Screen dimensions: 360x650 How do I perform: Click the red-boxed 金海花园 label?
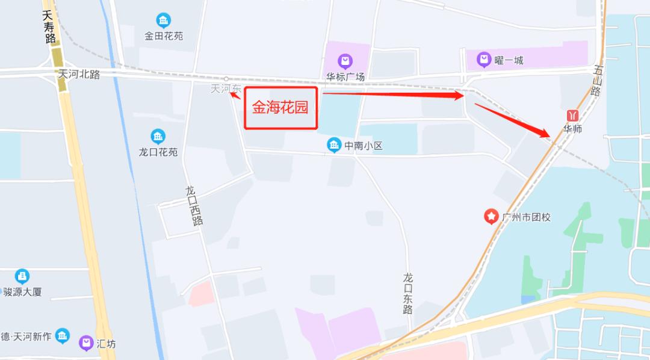point(280,108)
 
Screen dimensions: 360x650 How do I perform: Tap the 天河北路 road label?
point(79,74)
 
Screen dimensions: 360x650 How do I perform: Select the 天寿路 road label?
point(49,27)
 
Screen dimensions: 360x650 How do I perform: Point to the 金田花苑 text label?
point(164,36)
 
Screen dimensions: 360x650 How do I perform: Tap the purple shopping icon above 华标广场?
point(345,61)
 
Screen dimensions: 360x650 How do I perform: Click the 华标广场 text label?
point(345,76)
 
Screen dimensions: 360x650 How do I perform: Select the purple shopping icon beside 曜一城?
point(484,60)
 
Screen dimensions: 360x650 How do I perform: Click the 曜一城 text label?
point(509,60)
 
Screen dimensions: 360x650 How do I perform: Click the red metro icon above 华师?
point(572,114)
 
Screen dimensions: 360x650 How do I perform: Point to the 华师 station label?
point(572,129)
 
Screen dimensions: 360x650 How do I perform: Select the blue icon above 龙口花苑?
point(158,136)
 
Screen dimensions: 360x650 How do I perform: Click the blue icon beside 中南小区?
point(334,145)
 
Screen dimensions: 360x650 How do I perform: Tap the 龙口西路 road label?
point(194,205)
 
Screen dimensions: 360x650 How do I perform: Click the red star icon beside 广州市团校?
point(492,216)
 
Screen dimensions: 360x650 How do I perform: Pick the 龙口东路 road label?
point(409,293)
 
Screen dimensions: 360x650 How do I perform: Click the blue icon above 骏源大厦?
point(22,276)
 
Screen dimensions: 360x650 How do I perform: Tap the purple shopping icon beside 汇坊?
point(87,343)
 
